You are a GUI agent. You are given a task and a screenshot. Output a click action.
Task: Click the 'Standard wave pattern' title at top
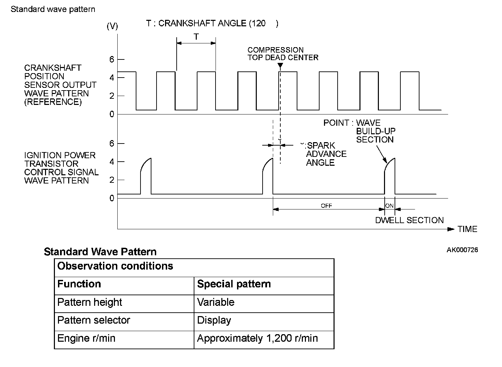[53, 9]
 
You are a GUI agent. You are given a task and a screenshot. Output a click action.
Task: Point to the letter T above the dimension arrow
[196, 37]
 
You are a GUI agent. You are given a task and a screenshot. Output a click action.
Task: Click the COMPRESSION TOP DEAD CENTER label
[283, 54]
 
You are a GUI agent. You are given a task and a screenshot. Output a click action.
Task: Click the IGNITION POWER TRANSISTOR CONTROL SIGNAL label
[61, 168]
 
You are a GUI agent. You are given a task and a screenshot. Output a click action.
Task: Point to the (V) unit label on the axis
[112, 26]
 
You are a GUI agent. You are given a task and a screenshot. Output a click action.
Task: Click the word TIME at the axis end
[467, 229]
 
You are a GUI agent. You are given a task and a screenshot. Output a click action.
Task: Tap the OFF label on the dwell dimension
[326, 206]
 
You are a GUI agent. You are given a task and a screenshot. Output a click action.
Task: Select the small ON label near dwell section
[389, 206]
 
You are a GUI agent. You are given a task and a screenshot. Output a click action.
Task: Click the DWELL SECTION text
[409, 220]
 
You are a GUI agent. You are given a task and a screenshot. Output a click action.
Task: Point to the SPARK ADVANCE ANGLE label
[326, 154]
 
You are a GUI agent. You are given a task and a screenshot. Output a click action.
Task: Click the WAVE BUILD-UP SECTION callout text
[375, 131]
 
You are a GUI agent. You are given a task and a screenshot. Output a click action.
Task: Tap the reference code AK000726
[462, 250]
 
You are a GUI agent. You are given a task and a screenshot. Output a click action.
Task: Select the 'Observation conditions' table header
[115, 266]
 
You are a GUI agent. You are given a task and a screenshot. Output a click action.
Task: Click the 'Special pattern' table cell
[234, 284]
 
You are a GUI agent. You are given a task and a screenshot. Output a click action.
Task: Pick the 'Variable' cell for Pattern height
[216, 302]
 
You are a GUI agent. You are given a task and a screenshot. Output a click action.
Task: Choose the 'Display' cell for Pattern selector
[214, 320]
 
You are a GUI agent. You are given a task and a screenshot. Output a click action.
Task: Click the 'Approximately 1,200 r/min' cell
[257, 338]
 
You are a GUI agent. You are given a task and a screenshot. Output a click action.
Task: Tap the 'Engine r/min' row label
[86, 338]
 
